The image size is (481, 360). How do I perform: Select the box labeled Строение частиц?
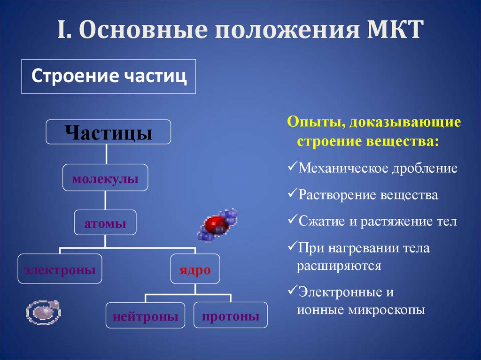[x=109, y=76]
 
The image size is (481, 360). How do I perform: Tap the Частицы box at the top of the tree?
[x=109, y=132]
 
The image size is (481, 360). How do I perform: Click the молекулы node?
[x=105, y=178]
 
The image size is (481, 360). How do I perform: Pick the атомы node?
[x=105, y=223]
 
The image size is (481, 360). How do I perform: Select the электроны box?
[x=60, y=269]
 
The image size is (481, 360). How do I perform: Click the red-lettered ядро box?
[x=195, y=269]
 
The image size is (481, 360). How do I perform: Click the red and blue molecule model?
[x=217, y=224]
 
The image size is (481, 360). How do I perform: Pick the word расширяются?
[x=338, y=266]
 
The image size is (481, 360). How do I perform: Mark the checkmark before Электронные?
[x=291, y=291]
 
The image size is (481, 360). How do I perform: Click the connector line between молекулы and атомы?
[x=106, y=201]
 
